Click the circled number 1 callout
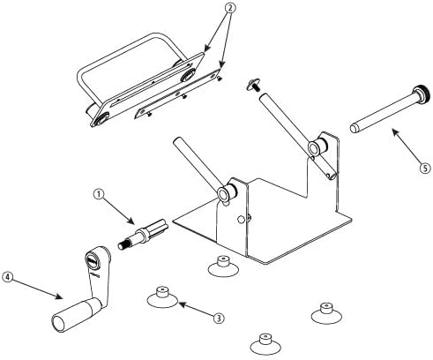coord(99,194)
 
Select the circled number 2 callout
coord(230,8)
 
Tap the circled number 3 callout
coord(219,318)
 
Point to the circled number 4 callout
coord(7,277)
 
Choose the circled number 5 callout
coord(425,169)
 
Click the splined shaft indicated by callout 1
coord(143,234)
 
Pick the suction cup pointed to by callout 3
coord(162,297)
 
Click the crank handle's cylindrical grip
coord(76,314)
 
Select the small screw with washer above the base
coord(253,84)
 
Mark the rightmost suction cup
coord(326,313)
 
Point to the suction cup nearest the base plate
coord(223,266)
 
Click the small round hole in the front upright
coord(241,219)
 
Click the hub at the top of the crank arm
coord(92,260)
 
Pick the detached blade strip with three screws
coord(177,94)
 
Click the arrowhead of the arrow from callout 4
coord(60,296)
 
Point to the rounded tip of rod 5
coord(354,128)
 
